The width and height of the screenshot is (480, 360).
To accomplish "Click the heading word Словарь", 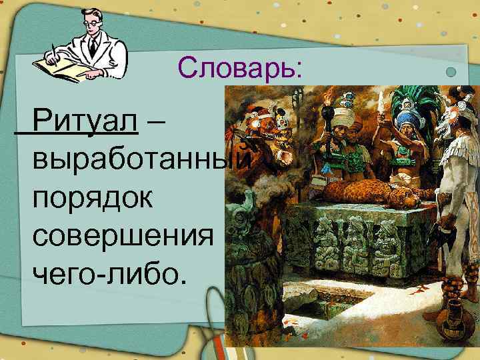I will point(240,68).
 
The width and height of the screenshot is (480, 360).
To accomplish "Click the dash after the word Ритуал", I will point(161,122).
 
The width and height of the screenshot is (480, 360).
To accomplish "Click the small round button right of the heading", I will point(451,72).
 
